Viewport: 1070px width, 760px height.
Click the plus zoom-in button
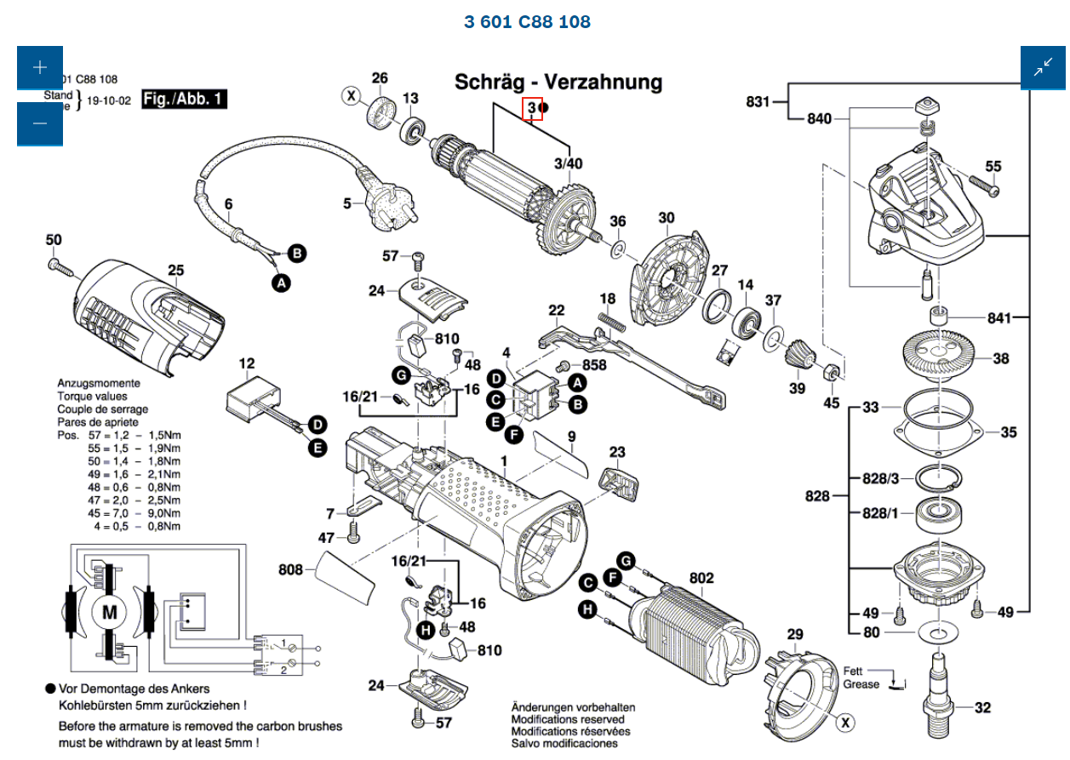pyautogui.click(x=39, y=68)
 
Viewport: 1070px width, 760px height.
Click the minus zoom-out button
pyautogui.click(x=39, y=123)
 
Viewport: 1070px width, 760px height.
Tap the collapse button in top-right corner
pyautogui.click(x=1043, y=68)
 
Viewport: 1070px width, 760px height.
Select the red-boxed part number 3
pyautogui.click(x=533, y=109)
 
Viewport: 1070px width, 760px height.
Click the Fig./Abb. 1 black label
pyautogui.click(x=184, y=100)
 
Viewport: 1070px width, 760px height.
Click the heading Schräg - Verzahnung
pyautogui.click(x=558, y=82)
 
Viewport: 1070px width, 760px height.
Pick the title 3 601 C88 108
pyautogui.click(x=527, y=21)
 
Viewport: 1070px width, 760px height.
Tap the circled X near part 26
pyautogui.click(x=351, y=96)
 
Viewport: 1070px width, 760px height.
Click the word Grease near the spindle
pyautogui.click(x=861, y=684)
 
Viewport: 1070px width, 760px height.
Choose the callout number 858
pyautogui.click(x=594, y=365)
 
